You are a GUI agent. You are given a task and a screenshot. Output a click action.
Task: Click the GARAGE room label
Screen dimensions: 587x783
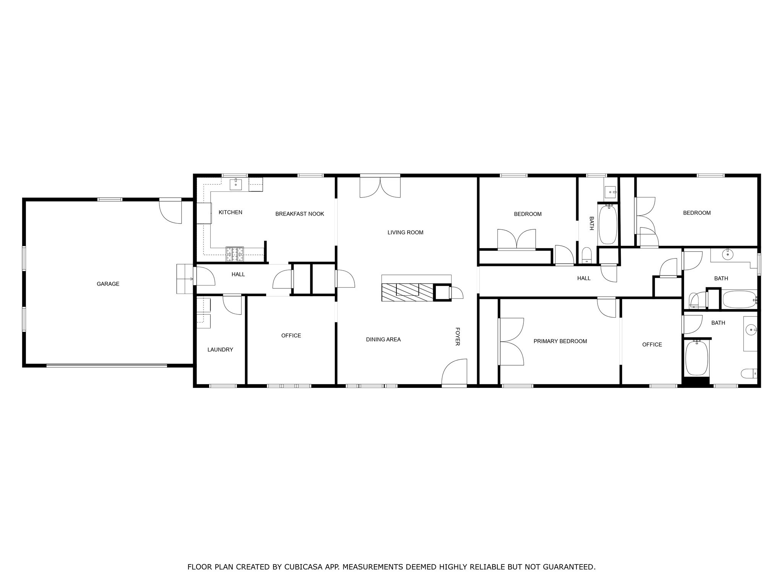click(108, 284)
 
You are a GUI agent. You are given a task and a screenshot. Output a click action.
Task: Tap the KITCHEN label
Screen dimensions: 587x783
click(230, 212)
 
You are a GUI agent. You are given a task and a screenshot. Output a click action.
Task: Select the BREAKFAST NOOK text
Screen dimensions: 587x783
click(299, 214)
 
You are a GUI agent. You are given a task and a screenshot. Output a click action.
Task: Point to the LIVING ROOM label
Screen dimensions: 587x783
click(405, 232)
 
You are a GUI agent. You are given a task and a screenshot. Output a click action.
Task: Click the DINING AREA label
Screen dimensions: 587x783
click(383, 339)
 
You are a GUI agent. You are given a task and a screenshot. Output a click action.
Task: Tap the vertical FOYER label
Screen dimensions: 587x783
click(457, 336)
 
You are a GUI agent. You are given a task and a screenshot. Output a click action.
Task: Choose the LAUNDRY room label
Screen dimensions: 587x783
click(220, 350)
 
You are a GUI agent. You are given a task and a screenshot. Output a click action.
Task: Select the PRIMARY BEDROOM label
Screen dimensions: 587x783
click(560, 341)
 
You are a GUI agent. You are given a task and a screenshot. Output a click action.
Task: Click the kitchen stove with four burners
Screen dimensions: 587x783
click(235, 254)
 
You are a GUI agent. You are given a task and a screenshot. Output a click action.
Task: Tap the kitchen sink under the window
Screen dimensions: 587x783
click(236, 185)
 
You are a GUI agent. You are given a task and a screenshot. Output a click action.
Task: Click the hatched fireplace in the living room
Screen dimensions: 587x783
click(408, 293)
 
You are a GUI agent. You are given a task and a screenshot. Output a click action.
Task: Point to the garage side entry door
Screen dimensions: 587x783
click(171, 211)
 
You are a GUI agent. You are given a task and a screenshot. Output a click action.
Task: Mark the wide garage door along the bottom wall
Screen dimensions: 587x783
click(107, 366)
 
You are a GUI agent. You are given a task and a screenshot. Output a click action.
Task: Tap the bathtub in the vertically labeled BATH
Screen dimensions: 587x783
click(608, 224)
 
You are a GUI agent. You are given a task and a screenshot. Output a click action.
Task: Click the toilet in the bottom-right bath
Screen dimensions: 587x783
click(748, 373)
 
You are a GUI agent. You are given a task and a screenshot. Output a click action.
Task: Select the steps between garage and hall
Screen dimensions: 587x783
click(185, 279)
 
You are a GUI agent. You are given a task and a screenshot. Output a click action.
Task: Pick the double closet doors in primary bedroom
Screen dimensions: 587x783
click(511, 341)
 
